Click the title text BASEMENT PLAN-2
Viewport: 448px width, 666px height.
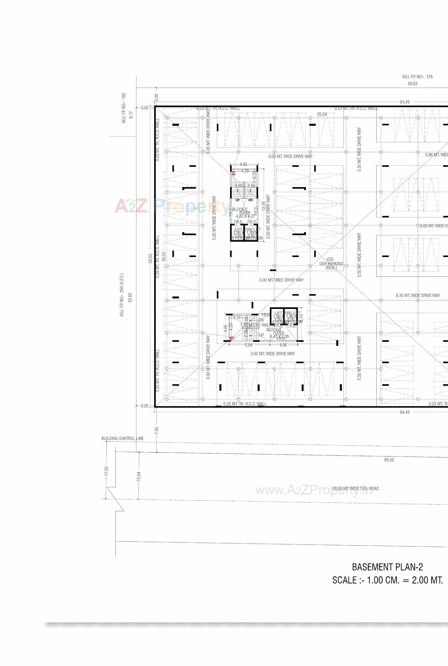[387, 567]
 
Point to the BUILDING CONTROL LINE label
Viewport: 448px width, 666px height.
[122, 438]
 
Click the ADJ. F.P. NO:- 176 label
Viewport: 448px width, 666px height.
[417, 76]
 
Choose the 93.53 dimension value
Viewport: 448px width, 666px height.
[412, 84]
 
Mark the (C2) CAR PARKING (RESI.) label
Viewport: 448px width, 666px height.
[331, 263]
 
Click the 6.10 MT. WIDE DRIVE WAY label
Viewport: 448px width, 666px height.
[418, 295]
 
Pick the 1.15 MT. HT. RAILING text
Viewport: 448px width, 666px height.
[257, 325]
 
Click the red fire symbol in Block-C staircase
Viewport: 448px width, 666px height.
[233, 173]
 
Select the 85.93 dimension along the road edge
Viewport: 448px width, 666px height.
[389, 460]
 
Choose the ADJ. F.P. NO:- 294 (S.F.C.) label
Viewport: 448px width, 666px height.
[122, 295]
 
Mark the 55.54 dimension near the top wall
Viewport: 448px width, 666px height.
[322, 114]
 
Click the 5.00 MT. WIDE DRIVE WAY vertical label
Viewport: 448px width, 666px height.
[214, 217]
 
